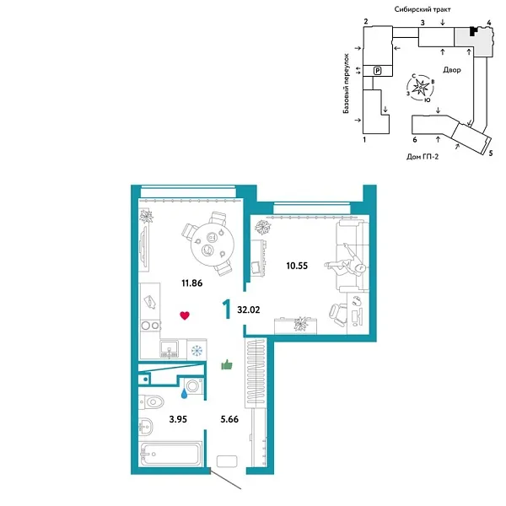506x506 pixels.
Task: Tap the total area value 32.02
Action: [250, 309]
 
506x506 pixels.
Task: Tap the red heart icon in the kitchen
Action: [184, 315]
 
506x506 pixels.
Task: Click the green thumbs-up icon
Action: [226, 364]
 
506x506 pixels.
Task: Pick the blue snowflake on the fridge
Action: [196, 350]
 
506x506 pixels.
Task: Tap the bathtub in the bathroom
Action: [171, 455]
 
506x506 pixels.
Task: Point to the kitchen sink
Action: [169, 347]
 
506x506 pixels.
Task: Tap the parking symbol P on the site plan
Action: [378, 71]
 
